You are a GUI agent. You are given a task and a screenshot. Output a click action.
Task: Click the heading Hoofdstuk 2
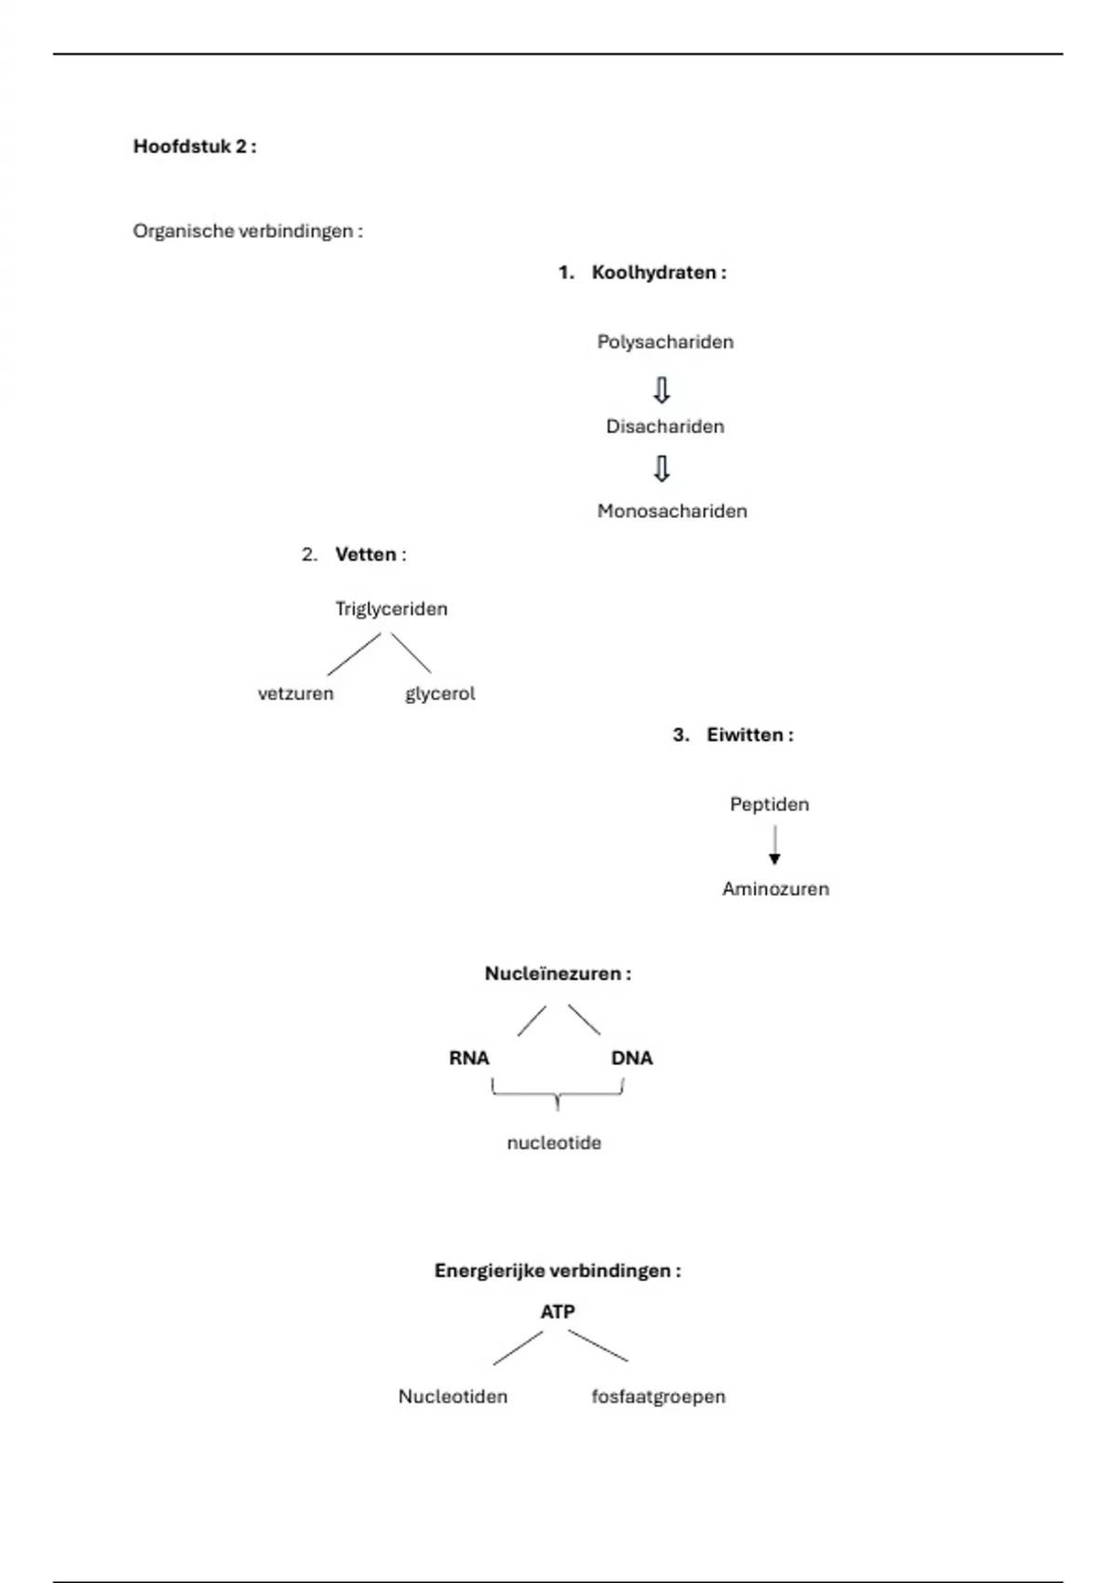(194, 146)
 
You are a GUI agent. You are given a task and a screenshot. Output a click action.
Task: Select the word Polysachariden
(665, 342)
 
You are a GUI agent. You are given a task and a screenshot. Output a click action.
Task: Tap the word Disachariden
(665, 426)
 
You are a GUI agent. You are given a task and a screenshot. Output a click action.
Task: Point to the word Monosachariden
(672, 511)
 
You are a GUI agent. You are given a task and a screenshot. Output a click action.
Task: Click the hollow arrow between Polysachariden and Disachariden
(662, 390)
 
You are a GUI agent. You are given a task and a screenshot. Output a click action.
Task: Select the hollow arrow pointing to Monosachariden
(662, 468)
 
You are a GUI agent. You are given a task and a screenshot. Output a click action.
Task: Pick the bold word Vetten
(366, 555)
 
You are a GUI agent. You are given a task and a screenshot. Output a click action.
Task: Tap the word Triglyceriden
(391, 609)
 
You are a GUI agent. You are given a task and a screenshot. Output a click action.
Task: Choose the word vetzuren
(295, 694)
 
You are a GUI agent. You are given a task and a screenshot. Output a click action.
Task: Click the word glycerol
(439, 694)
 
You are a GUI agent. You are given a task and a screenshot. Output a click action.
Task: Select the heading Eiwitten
(748, 735)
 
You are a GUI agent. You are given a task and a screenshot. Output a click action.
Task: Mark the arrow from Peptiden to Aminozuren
(774, 846)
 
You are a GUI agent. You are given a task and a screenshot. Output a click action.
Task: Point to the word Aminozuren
(775, 889)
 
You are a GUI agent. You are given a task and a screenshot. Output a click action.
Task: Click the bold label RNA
(468, 1058)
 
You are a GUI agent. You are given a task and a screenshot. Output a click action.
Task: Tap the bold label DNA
(632, 1058)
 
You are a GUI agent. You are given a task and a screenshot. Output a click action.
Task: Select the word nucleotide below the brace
(554, 1143)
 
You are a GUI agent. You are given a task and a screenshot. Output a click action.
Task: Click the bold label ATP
(558, 1311)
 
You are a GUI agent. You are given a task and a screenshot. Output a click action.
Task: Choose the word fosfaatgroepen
(658, 1397)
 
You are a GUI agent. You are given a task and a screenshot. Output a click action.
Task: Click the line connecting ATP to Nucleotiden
(518, 1347)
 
